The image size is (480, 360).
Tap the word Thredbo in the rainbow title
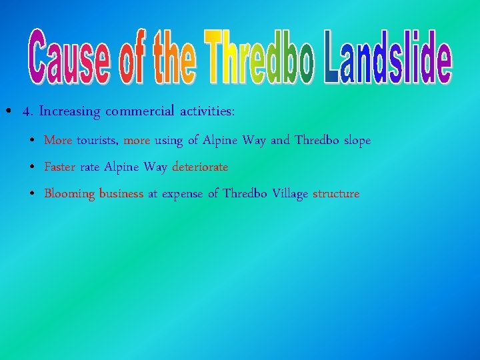coord(261,59)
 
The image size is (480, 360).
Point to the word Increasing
coord(69,112)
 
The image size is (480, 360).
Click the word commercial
coord(139,111)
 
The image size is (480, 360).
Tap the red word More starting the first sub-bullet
coord(58,141)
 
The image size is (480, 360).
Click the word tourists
coord(98,141)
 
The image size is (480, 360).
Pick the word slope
coord(357,141)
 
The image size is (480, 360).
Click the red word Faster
coord(60,167)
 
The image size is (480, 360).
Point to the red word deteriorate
coord(200,167)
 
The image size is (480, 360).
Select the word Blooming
coord(69,194)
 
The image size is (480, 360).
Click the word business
coord(121,194)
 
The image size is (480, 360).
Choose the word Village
coord(291,194)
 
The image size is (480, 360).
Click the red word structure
coord(336,194)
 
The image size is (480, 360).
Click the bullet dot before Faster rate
coord(33,167)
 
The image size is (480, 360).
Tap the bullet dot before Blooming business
coord(33,194)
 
